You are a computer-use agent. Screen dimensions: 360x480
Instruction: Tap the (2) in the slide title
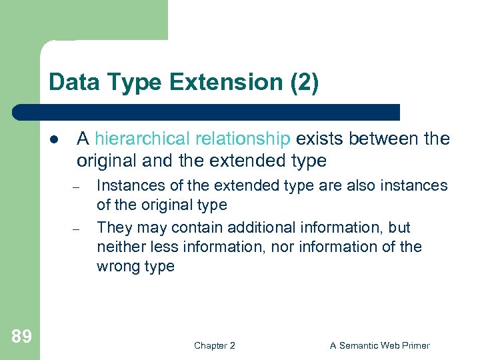pyautogui.click(x=303, y=82)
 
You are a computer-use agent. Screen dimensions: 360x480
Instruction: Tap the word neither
pyautogui.click(x=119, y=247)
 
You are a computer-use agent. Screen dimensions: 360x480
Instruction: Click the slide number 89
pyautogui.click(x=21, y=336)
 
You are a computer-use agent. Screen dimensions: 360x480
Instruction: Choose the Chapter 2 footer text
pyautogui.click(x=214, y=345)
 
